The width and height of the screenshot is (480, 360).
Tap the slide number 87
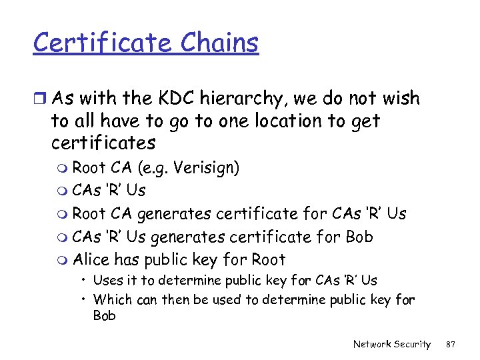click(x=451, y=344)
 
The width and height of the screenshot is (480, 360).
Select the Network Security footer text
click(x=392, y=344)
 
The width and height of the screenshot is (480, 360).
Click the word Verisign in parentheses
click(x=206, y=168)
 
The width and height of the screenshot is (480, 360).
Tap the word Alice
click(x=91, y=259)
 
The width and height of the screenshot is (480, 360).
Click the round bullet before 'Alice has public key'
click(x=63, y=261)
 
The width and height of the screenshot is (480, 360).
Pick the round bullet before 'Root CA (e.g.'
click(x=63, y=169)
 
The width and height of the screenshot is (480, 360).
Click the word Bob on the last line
click(x=104, y=315)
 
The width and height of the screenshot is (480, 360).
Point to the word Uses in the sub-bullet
click(x=107, y=280)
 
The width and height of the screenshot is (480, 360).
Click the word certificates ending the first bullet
click(x=103, y=143)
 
